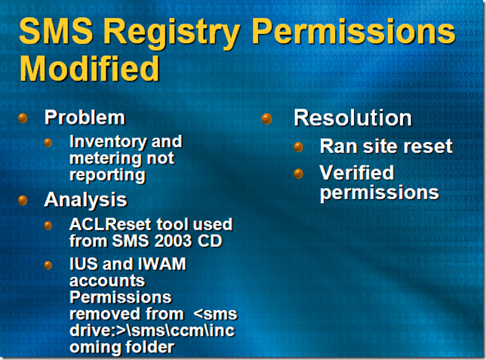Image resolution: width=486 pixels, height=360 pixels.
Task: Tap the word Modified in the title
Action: coord(90,68)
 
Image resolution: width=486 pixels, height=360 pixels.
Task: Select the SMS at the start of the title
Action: coord(56,31)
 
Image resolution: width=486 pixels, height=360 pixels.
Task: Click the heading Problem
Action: coord(85,117)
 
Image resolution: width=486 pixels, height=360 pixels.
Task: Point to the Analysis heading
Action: coord(85,199)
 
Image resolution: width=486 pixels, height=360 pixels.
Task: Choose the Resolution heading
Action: coord(352,118)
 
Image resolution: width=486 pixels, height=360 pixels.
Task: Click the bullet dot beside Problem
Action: coord(23,118)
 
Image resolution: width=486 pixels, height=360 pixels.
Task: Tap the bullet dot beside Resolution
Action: coord(266,118)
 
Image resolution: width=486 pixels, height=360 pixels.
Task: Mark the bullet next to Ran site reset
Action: coord(299,146)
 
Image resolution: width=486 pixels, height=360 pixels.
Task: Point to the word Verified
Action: coord(357,172)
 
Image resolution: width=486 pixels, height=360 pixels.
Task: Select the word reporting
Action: coord(107,176)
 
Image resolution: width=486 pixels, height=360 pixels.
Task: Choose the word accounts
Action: coord(107,282)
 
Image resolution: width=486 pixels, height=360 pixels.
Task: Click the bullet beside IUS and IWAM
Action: coord(48,266)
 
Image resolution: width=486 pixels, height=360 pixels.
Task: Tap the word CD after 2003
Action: coord(210,241)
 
